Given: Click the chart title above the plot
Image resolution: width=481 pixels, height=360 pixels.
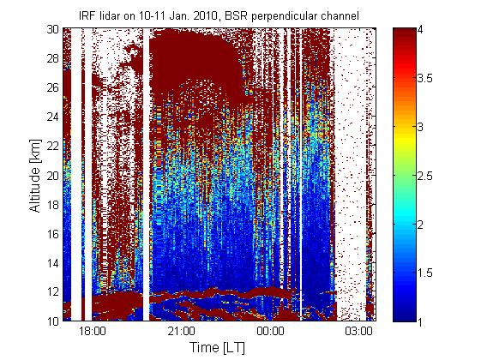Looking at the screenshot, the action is (x=219, y=16).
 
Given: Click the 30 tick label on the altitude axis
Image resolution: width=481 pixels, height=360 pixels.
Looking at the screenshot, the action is (x=53, y=29).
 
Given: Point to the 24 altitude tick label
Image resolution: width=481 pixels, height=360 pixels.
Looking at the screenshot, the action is (x=53, y=117).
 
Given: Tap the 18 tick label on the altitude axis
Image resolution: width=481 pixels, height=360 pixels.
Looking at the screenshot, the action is (x=53, y=205).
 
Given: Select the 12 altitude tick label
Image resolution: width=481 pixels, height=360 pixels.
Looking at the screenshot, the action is (x=53, y=292).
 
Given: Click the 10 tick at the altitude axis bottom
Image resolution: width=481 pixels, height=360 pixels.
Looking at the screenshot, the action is (x=53, y=321).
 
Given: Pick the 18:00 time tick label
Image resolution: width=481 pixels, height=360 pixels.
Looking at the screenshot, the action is (x=92, y=331).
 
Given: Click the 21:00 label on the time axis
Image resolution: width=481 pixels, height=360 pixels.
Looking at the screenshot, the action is (x=181, y=331).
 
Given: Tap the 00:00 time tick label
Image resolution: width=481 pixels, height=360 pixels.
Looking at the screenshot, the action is (x=270, y=331).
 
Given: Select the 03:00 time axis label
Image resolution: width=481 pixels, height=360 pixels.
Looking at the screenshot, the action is (x=359, y=331).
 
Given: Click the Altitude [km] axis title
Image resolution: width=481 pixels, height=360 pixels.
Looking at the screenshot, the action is (x=35, y=176).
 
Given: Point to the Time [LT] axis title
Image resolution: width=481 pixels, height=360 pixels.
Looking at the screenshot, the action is (x=218, y=348).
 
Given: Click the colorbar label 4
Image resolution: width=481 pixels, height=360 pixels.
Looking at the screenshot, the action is (x=421, y=30).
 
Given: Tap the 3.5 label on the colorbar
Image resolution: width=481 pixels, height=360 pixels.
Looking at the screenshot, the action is (x=425, y=79).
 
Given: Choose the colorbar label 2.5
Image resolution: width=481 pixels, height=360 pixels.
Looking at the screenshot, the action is (x=425, y=176).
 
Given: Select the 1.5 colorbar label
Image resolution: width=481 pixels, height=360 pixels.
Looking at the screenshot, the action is (x=425, y=273).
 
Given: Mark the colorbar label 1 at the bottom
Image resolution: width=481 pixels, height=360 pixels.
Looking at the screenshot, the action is (x=420, y=321).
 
